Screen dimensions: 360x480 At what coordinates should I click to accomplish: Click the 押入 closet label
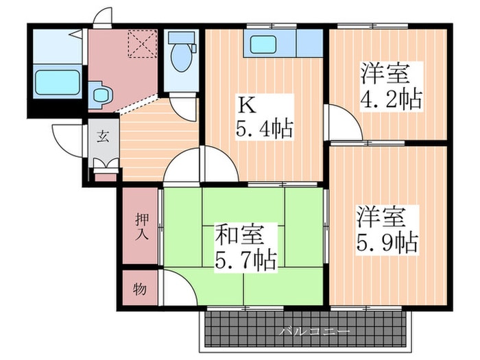pos(140,228)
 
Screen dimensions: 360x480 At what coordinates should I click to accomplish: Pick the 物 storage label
pos(140,289)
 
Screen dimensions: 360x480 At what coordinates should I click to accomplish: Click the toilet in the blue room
pos(181,53)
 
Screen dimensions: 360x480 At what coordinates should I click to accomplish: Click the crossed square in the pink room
pos(145,44)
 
